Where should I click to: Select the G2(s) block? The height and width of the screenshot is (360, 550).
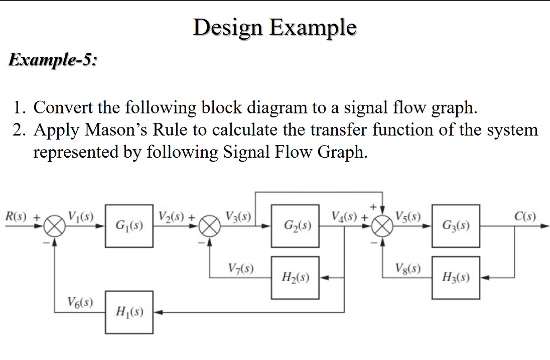295,226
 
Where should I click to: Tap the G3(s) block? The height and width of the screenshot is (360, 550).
456,226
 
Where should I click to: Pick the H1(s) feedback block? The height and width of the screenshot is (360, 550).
129,312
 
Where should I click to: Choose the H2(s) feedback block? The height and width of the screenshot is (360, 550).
295,277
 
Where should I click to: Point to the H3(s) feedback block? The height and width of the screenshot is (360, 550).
456,277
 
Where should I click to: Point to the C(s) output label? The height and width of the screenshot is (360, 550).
525,217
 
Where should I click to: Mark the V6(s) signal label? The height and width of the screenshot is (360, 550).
79,302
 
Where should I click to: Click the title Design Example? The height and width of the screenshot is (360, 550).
274,27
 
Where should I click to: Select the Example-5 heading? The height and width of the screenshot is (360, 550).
53,60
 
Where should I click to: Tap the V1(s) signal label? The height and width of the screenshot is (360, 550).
80,217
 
